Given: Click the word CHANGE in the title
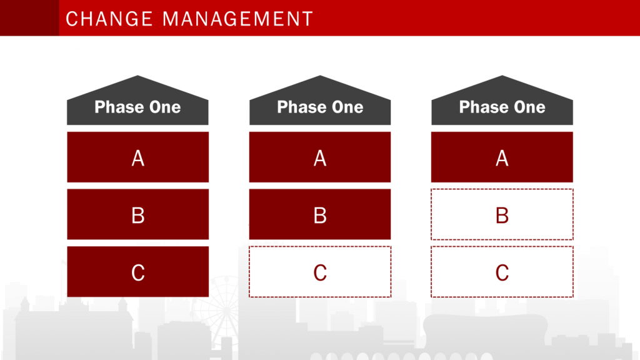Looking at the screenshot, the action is [109, 19].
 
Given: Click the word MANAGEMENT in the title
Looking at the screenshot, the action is [238, 19].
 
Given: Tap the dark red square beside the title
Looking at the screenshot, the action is [29, 18].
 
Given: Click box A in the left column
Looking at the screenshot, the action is [138, 157].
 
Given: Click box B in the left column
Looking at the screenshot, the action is [138, 214].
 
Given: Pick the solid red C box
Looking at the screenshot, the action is [138, 271].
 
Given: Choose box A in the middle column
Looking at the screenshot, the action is [320, 157].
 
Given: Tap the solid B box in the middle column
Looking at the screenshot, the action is [320, 214].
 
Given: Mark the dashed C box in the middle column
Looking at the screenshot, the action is [320, 271].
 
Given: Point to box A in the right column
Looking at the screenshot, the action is [502, 157].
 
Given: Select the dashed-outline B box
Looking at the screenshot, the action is [502, 214].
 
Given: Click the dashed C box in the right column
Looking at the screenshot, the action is [502, 271].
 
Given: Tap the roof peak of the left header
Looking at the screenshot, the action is [137, 76].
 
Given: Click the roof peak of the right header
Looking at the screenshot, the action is [502, 76].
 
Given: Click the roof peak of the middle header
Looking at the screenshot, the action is [320, 76].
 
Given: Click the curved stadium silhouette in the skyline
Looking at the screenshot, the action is [485, 331].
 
